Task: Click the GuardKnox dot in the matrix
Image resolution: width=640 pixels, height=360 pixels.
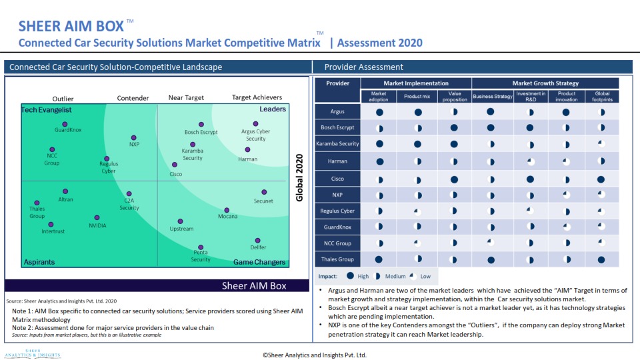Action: [65, 124]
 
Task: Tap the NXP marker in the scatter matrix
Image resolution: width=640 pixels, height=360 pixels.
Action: [134, 137]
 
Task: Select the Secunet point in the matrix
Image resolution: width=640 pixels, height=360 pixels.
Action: [263, 193]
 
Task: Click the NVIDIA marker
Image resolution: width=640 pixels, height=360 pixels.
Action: [97, 217]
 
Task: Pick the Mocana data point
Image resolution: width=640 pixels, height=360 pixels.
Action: [227, 209]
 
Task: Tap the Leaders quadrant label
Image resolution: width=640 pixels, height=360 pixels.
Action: [272, 109]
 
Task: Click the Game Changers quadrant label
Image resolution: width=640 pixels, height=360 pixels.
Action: [259, 262]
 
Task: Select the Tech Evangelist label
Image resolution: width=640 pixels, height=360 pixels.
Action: [46, 109]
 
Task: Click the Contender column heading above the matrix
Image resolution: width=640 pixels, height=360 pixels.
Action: [133, 98]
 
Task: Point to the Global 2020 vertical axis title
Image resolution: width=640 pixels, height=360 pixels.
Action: [299, 178]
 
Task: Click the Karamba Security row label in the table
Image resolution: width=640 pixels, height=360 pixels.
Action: [337, 144]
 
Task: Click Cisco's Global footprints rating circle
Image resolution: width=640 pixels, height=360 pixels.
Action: [601, 179]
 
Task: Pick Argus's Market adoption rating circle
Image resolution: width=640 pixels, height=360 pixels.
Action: [379, 113]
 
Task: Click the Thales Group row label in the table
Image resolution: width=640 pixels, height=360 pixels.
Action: [337, 259]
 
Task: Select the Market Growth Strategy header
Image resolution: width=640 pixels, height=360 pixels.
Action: [545, 83]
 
